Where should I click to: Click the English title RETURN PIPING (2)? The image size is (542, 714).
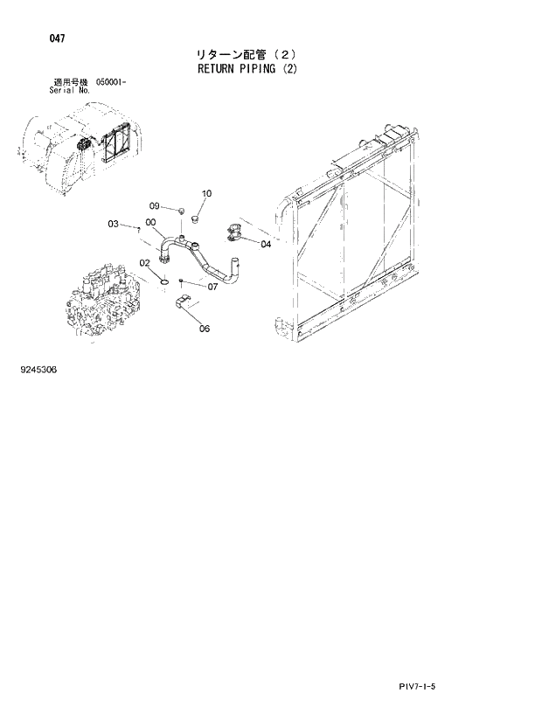coord(247,69)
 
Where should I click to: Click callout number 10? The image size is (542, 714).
coord(206,193)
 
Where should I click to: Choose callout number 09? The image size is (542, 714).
coord(154,206)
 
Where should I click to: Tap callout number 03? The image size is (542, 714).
coord(114,225)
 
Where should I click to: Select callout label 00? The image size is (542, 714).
coord(151,223)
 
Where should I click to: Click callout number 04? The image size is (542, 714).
coord(266,245)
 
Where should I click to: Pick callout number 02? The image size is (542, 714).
coord(145,262)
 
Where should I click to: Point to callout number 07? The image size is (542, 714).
coord(212,286)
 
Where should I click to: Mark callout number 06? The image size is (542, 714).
coord(205,329)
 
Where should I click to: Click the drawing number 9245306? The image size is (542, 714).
coord(38,370)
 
